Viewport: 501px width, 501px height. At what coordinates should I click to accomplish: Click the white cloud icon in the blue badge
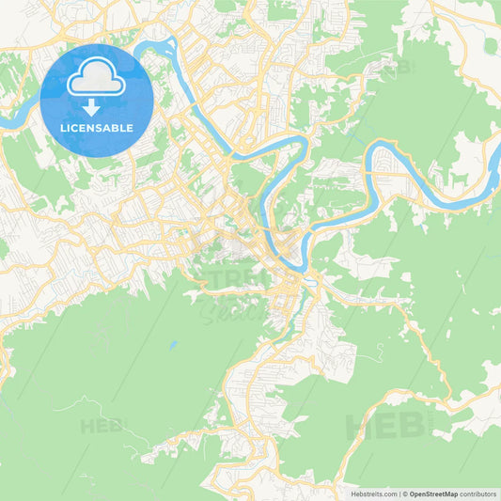[x=95, y=81]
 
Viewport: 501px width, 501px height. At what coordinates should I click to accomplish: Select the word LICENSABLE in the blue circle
[x=95, y=128]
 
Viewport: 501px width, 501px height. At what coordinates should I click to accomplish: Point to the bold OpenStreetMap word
[x=431, y=493]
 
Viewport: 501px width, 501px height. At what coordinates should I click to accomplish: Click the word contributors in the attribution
[x=478, y=493]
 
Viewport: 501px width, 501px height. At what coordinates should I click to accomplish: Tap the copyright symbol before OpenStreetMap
[x=405, y=493]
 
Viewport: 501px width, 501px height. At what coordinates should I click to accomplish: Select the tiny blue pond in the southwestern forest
[x=171, y=346]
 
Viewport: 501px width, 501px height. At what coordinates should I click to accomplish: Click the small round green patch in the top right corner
[x=490, y=45]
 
